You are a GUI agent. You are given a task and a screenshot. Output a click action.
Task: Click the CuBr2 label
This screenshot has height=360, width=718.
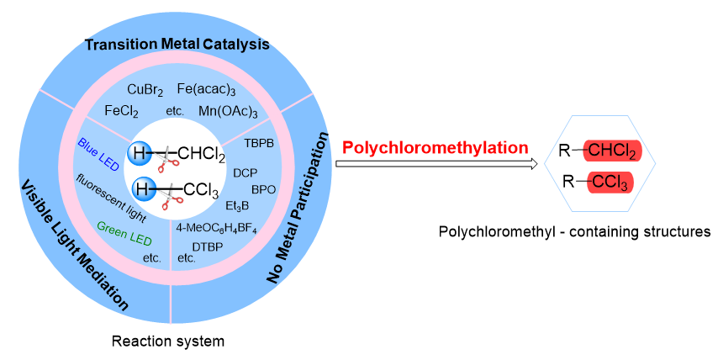pyautogui.click(x=145, y=89)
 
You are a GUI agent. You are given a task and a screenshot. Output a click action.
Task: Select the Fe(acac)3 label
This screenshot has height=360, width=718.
pyautogui.click(x=206, y=89)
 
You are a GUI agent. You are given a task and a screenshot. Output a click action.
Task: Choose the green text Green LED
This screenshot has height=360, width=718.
pyautogui.click(x=124, y=233)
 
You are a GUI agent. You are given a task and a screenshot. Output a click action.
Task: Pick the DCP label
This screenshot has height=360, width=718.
pyautogui.click(x=245, y=172)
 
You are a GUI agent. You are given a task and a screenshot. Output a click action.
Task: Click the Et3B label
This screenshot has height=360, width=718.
pyautogui.click(x=239, y=204)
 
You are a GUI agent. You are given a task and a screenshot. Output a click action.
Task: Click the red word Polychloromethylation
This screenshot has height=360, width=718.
pyautogui.click(x=435, y=147)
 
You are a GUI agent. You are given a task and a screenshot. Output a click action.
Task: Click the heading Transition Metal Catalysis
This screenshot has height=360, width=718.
pyautogui.click(x=177, y=45)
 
